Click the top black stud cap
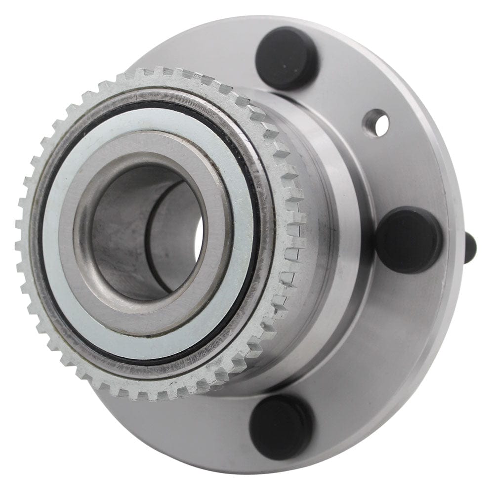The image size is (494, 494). tap(287, 58)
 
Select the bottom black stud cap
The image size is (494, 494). tap(281, 426)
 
